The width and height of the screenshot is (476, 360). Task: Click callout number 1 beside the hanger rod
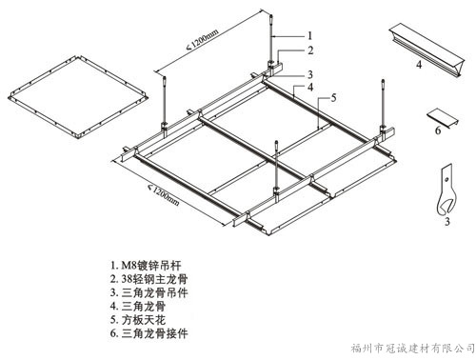tap(310, 35)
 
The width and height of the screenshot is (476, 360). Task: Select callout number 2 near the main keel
tap(310, 50)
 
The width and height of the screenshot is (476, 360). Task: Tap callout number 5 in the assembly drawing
tap(333, 98)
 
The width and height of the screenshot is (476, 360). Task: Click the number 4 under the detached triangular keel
tap(419, 65)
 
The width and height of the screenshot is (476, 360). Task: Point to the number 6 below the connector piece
tap(438, 130)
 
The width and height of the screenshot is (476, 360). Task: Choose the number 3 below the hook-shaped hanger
tap(446, 221)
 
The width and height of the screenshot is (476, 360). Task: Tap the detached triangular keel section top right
tap(426, 50)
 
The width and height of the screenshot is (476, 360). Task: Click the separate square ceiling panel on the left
tap(78, 97)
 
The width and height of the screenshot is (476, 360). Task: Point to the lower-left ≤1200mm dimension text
tap(164, 194)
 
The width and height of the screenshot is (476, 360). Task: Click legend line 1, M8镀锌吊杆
tap(146, 265)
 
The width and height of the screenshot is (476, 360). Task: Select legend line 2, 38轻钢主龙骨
tap(149, 279)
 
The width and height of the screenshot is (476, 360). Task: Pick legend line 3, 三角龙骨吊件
tap(149, 292)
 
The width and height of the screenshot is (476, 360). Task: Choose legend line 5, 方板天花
tap(138, 320)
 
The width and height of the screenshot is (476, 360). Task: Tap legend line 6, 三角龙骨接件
tap(149, 333)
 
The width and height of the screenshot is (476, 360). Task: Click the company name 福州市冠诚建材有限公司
tap(412, 349)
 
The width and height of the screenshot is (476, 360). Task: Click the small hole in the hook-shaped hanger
tap(446, 180)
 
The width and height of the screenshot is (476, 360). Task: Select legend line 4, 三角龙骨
tap(138, 306)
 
